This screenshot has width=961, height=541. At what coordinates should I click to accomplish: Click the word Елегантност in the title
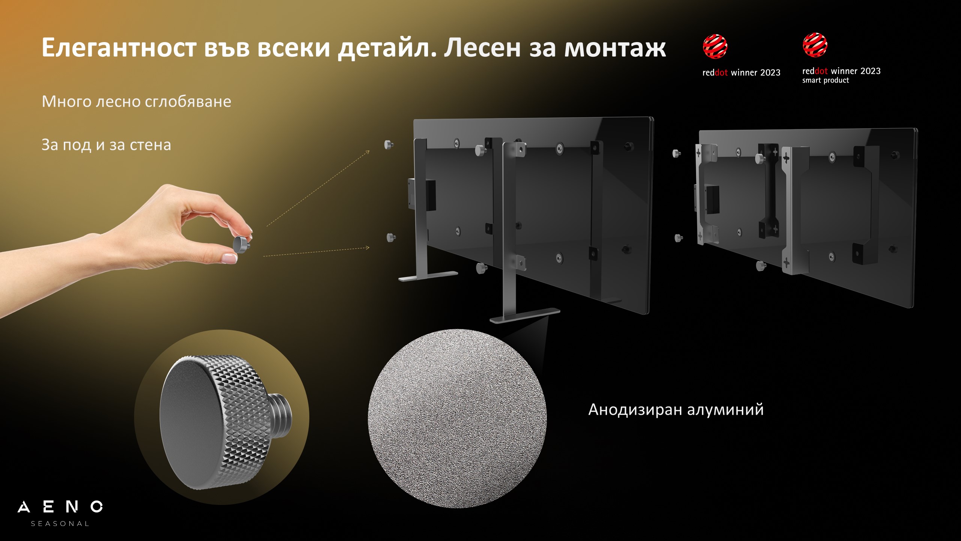pyautogui.click(x=119, y=48)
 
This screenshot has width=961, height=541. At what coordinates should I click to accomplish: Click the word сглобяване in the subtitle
pyautogui.click(x=188, y=101)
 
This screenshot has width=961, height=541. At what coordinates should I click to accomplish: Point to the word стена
pyautogui.click(x=150, y=145)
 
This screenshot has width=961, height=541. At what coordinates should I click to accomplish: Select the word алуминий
pyautogui.click(x=726, y=410)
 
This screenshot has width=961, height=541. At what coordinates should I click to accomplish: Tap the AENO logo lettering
pyautogui.click(x=60, y=507)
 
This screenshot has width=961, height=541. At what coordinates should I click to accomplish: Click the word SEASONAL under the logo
pyautogui.click(x=60, y=524)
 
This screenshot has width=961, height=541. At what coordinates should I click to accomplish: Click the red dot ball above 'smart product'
pyautogui.click(x=815, y=45)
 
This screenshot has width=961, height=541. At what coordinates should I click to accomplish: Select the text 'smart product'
pyautogui.click(x=825, y=80)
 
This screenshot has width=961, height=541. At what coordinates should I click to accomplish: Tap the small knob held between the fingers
pyautogui.click(x=241, y=244)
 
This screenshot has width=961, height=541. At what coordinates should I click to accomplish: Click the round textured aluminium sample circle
pyautogui.click(x=457, y=419)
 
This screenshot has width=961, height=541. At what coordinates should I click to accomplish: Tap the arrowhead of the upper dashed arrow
pyautogui.click(x=368, y=152)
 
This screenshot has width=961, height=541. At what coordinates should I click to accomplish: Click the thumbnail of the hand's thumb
pyautogui.click(x=229, y=258)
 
